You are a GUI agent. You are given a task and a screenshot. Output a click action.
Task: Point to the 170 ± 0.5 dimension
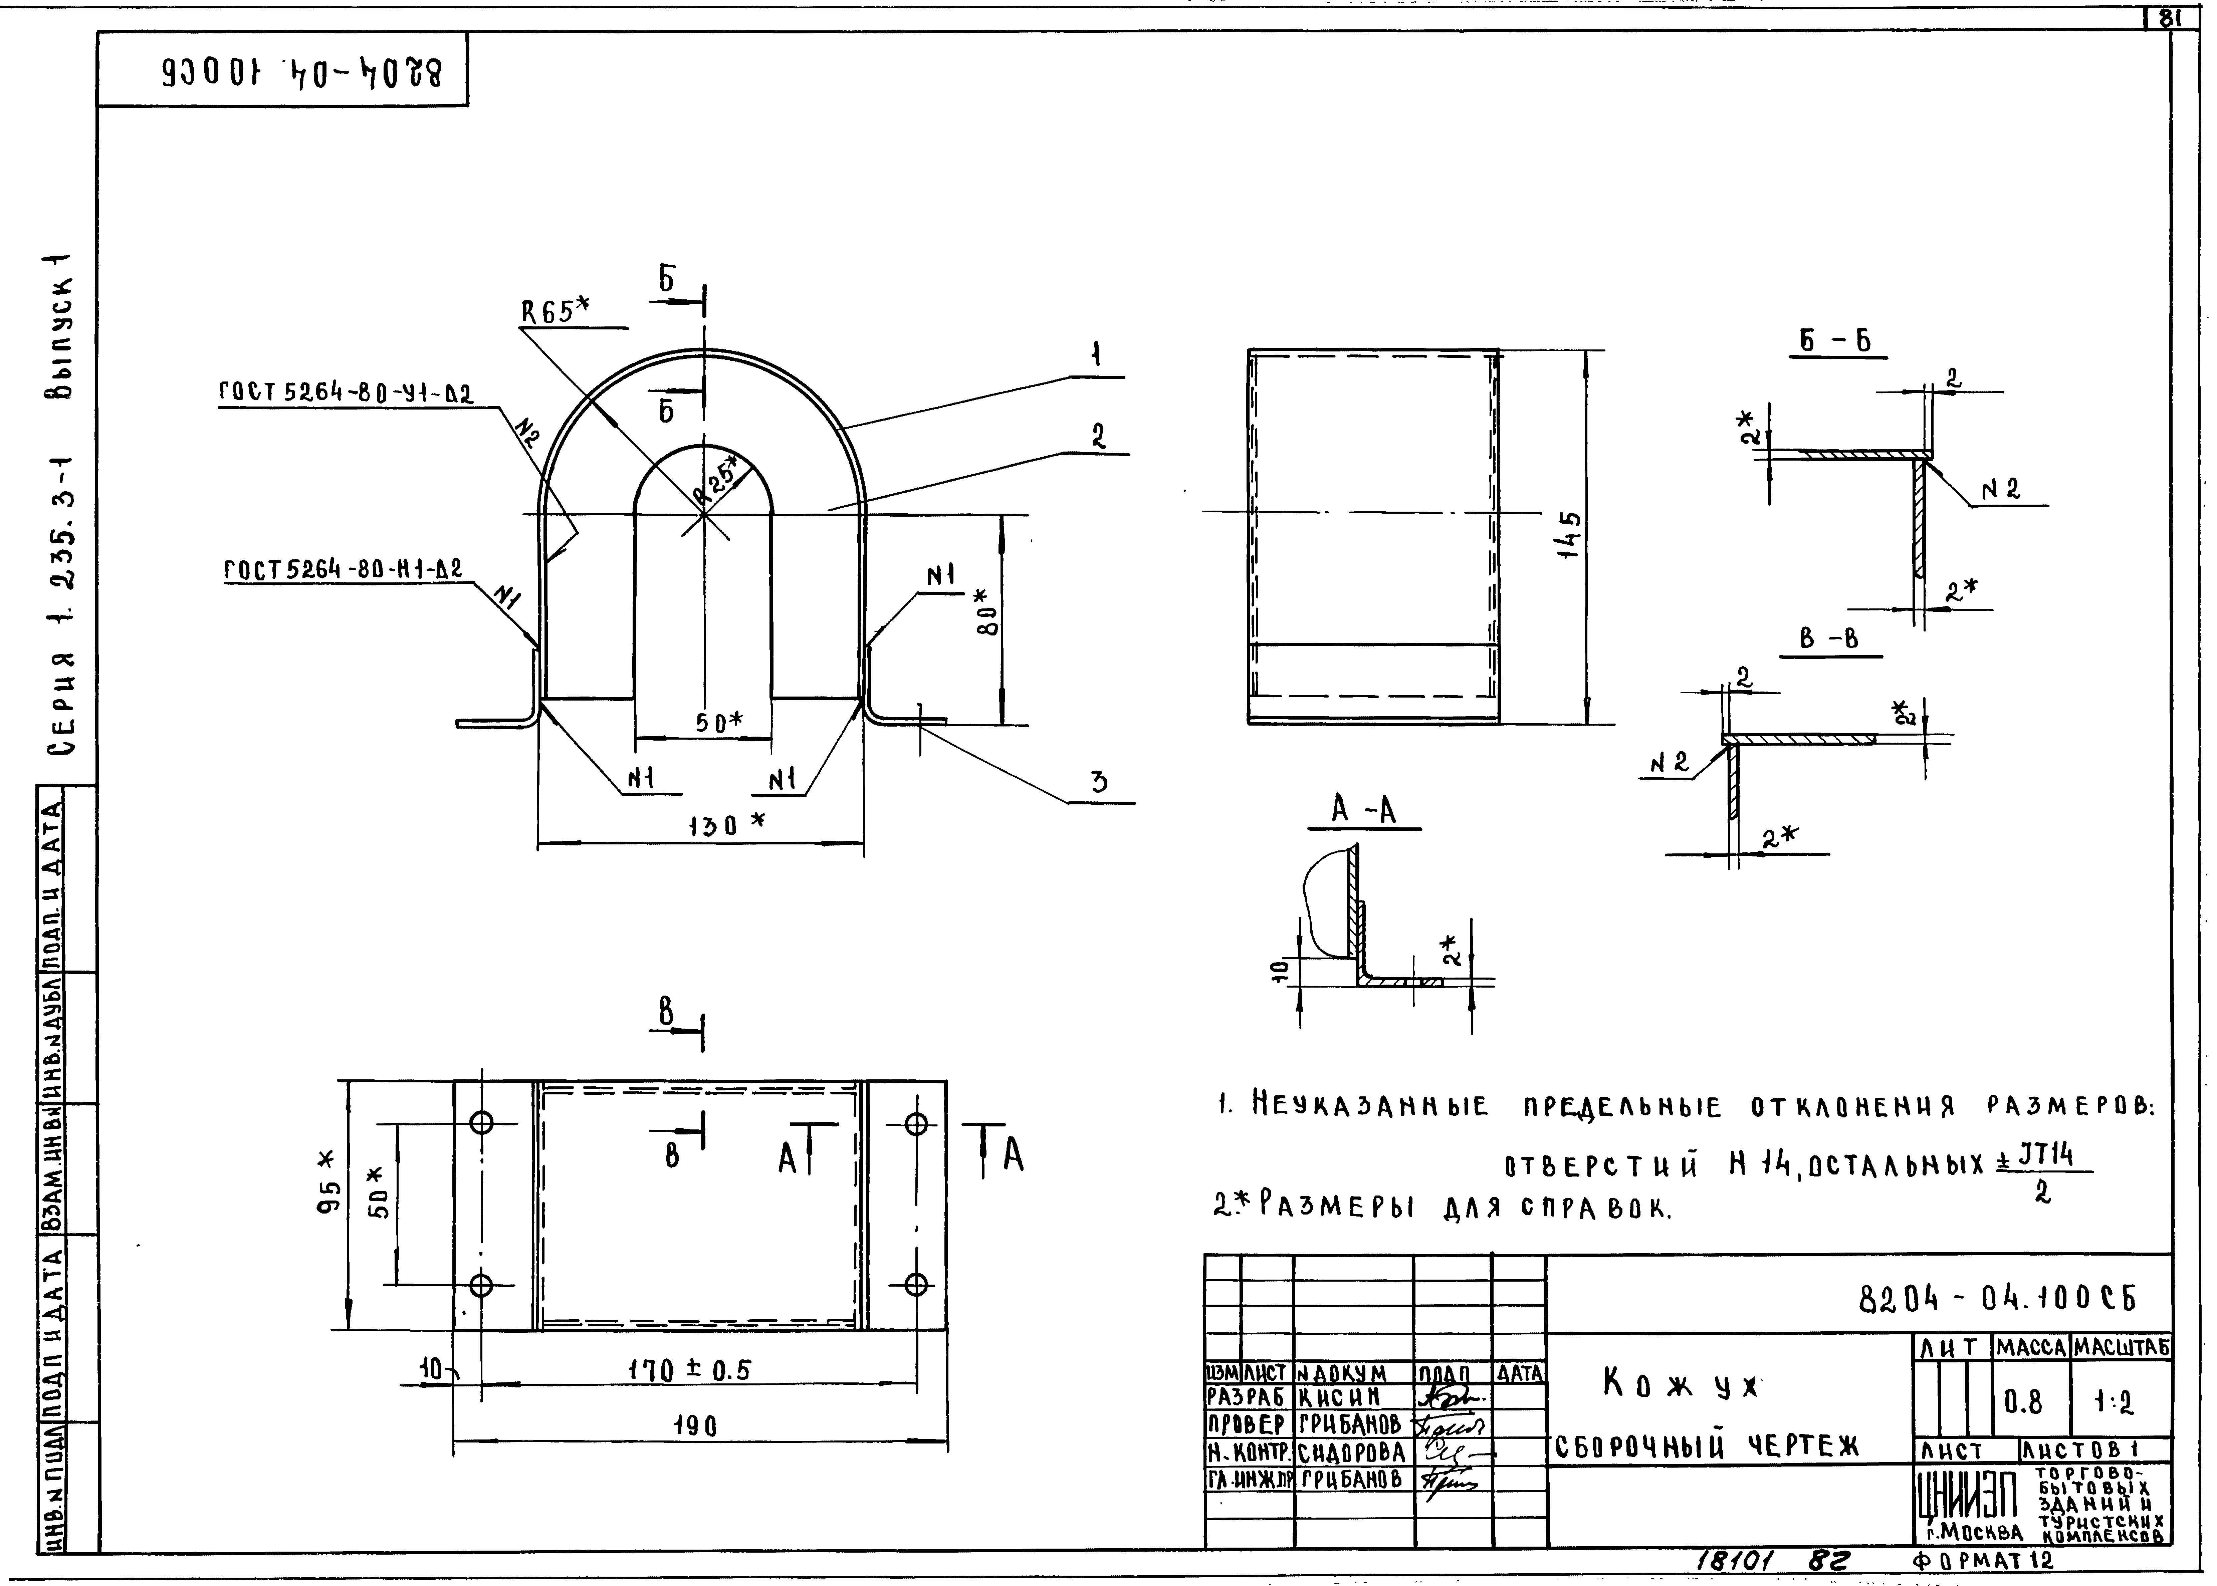pyautogui.click(x=689, y=1371)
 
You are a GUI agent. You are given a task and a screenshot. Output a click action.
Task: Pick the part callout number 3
pyautogui.click(x=1100, y=781)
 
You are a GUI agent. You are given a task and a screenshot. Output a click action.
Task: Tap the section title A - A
pyautogui.click(x=1364, y=810)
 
